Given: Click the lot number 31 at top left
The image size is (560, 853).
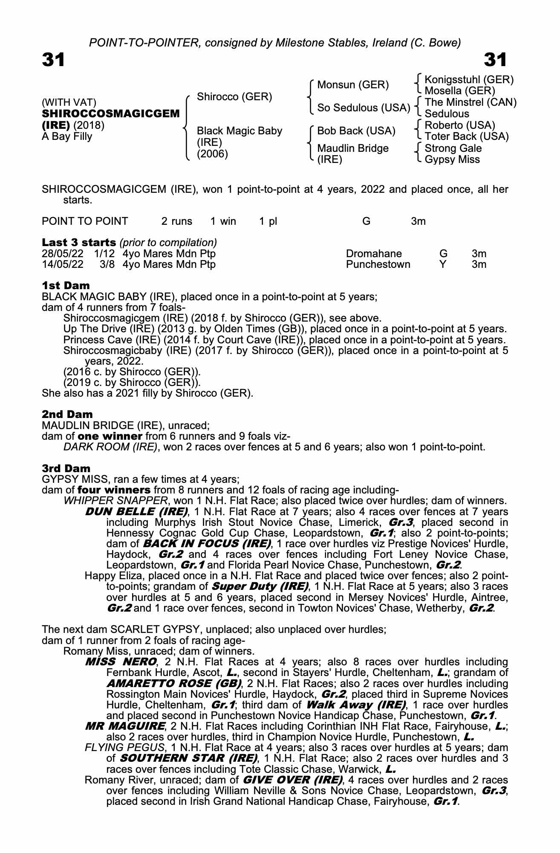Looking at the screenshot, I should [x=53, y=60].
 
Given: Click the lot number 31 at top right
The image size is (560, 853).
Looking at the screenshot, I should [x=495, y=60].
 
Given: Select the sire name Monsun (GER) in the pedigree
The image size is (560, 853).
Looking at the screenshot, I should [x=353, y=85].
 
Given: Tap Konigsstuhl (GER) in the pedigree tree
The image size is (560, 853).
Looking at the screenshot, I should [x=469, y=80].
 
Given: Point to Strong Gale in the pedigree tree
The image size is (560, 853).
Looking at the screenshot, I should [x=453, y=148].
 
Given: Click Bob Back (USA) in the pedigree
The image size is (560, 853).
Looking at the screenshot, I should [x=356, y=131].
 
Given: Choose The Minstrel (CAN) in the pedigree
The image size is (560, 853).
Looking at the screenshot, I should [x=471, y=102].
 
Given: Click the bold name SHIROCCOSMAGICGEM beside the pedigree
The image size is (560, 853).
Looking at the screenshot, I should [x=111, y=114].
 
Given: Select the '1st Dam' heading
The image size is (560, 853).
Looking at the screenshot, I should [x=66, y=285].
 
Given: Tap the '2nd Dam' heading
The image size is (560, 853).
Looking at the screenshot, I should [x=67, y=414].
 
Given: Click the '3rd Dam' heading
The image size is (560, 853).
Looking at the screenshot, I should [x=66, y=468].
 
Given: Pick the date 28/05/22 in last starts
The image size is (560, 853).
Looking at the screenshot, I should [x=63, y=254].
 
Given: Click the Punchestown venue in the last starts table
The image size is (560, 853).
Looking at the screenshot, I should [x=378, y=264].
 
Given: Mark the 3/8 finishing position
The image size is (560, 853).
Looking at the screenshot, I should [x=107, y=264].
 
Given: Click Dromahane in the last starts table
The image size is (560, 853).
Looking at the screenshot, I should [x=374, y=254].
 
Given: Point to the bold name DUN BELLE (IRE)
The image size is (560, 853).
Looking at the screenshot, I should [x=136, y=511].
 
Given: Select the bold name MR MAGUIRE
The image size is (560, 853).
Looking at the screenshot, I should [x=125, y=726].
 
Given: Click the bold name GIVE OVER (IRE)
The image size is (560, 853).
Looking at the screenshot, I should [x=292, y=780].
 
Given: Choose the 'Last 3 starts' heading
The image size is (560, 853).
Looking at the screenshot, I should [x=79, y=243].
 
